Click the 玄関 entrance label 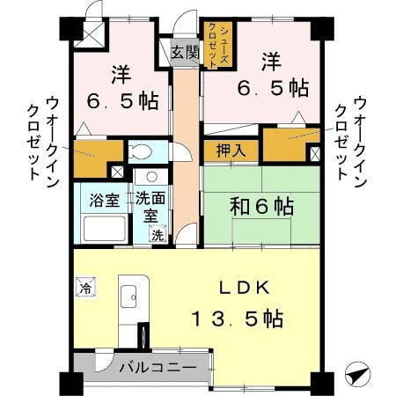185,52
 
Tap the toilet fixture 141,150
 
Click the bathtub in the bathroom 104,230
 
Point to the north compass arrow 357,373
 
